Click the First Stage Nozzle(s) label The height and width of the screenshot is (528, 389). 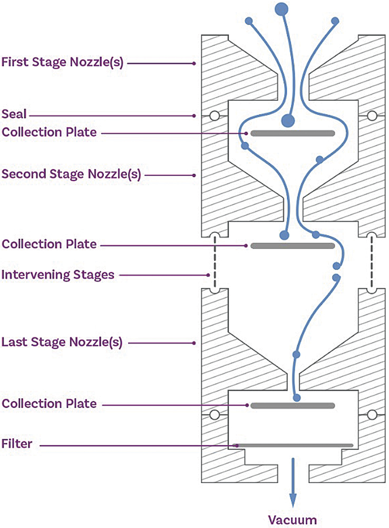pos(62,63)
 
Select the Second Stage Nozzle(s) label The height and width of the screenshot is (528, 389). pos(71,174)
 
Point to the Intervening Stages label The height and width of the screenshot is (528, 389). pos(58,275)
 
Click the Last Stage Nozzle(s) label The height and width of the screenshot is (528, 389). pos(62,342)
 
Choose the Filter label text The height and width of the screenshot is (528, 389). pos(17,445)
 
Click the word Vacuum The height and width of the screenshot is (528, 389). pos(293,520)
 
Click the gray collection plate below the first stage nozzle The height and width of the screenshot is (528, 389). pos(293,133)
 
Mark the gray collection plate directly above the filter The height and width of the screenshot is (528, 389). pos(293,406)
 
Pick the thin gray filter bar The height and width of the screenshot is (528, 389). pos(295,445)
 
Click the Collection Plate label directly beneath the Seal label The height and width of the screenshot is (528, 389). pos(49,132)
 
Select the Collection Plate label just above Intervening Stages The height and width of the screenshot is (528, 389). pos(49,244)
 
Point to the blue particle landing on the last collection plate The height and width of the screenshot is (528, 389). pos(297,398)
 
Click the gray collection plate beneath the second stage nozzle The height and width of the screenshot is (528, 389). pos(293,246)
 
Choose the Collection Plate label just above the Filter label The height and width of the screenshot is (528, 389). pos(49,404)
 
